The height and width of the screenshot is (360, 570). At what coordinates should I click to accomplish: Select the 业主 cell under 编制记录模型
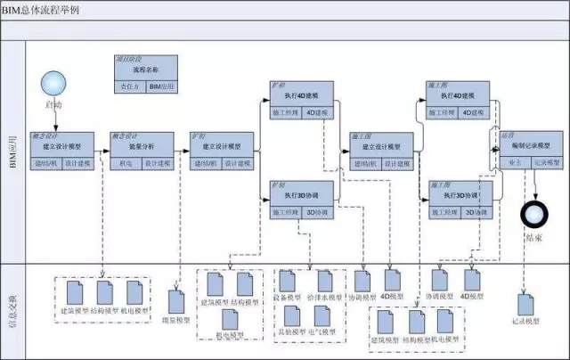[x=515, y=163]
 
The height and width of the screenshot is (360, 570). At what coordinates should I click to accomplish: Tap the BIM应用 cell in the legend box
[x=160, y=86]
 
